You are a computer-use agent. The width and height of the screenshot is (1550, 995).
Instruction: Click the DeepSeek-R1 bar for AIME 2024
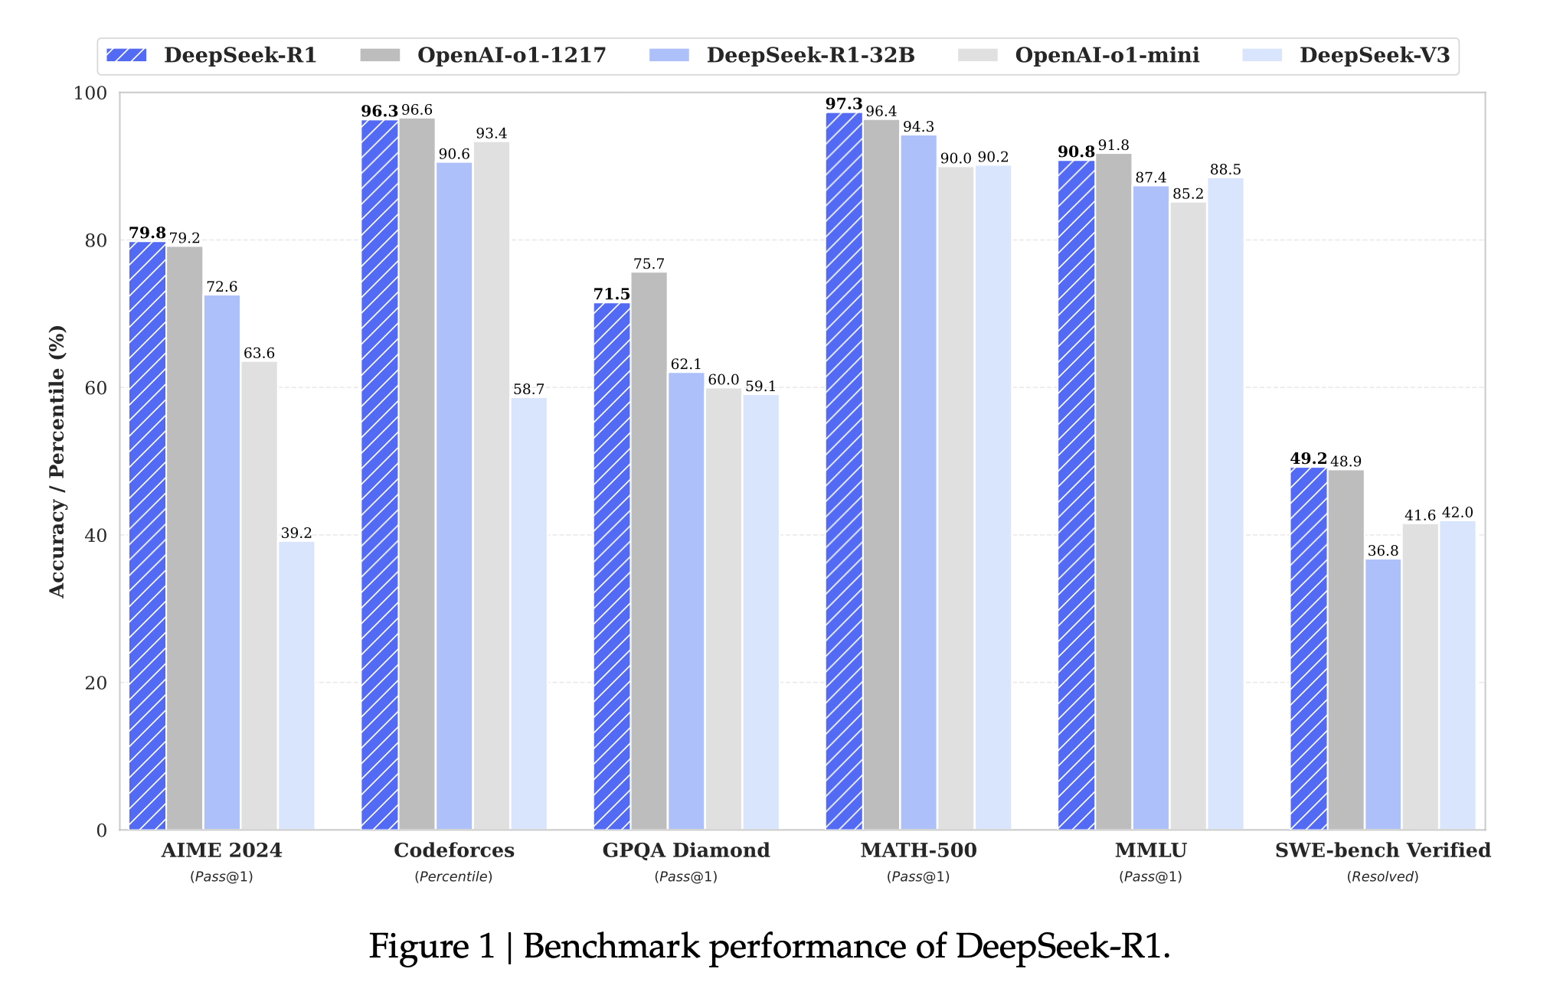pos(147,536)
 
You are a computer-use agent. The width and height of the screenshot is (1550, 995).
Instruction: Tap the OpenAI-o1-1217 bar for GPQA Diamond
pos(649,551)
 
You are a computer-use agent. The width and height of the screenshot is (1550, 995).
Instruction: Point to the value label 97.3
pos(843,103)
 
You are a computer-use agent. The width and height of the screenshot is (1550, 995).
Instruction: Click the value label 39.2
pos(296,533)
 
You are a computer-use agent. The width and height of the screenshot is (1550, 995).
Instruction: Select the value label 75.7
pos(649,264)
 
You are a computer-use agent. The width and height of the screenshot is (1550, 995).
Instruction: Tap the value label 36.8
pos(1382,550)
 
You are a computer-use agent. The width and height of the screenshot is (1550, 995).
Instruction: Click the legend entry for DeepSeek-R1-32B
pos(810,55)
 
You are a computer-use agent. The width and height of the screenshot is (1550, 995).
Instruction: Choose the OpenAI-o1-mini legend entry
pos(1107,55)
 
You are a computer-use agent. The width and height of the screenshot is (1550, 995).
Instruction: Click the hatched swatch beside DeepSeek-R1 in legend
pos(126,55)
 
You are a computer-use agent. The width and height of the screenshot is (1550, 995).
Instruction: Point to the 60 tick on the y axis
pos(96,388)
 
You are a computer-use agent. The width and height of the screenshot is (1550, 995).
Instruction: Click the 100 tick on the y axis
pos(90,93)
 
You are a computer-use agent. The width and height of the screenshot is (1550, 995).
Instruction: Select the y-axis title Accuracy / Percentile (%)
pos(57,461)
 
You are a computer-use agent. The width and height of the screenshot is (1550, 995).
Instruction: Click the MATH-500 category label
pos(918,850)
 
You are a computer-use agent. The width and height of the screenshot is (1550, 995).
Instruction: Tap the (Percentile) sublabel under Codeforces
pos(453,876)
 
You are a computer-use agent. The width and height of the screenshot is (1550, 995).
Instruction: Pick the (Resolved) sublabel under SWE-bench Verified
pos(1382,876)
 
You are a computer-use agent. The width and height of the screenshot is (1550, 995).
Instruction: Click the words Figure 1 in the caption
pos(432,947)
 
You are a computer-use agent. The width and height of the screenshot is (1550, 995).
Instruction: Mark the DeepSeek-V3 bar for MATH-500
pos(992,497)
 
